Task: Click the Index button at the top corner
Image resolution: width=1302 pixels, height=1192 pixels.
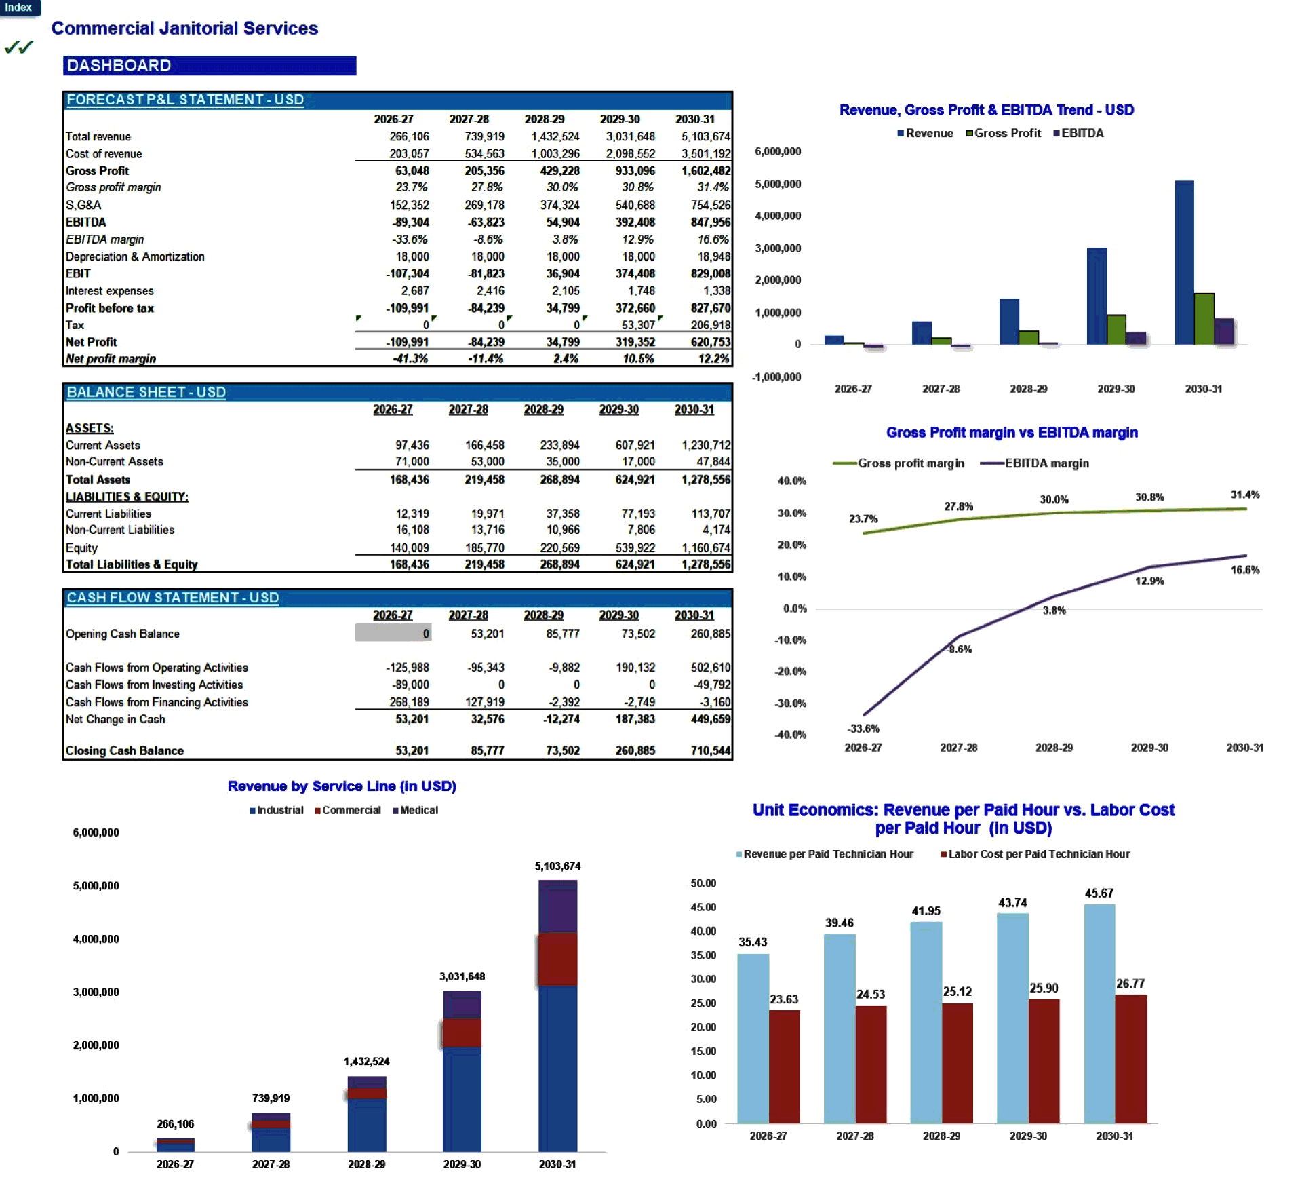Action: tap(19, 7)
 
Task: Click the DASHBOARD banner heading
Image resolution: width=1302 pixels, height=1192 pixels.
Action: tap(119, 66)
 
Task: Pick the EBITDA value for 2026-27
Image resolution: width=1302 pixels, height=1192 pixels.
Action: tap(410, 223)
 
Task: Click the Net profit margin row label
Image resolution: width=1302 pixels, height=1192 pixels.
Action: tap(111, 359)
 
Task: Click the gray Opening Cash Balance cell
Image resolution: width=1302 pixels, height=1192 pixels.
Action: tap(393, 634)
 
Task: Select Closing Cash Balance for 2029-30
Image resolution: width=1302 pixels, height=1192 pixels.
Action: tap(635, 751)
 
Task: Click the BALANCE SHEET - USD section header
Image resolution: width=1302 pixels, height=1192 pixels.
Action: tap(146, 393)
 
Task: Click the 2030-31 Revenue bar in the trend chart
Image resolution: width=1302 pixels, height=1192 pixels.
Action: tap(1183, 263)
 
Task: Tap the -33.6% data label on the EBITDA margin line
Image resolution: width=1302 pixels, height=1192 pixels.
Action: tap(863, 729)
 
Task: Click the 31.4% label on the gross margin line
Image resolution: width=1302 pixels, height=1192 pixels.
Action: tap(1244, 495)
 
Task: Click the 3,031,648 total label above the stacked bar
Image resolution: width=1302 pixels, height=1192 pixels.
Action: tap(462, 977)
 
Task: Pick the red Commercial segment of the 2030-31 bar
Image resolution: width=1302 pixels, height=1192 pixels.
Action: tap(557, 960)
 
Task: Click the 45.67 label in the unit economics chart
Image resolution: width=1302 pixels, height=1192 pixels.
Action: tap(1099, 894)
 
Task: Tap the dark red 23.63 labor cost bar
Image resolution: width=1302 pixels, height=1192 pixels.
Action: tap(784, 1066)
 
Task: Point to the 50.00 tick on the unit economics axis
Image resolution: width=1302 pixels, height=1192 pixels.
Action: tap(703, 883)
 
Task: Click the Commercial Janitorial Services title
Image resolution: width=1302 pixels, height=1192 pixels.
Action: tap(184, 28)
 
